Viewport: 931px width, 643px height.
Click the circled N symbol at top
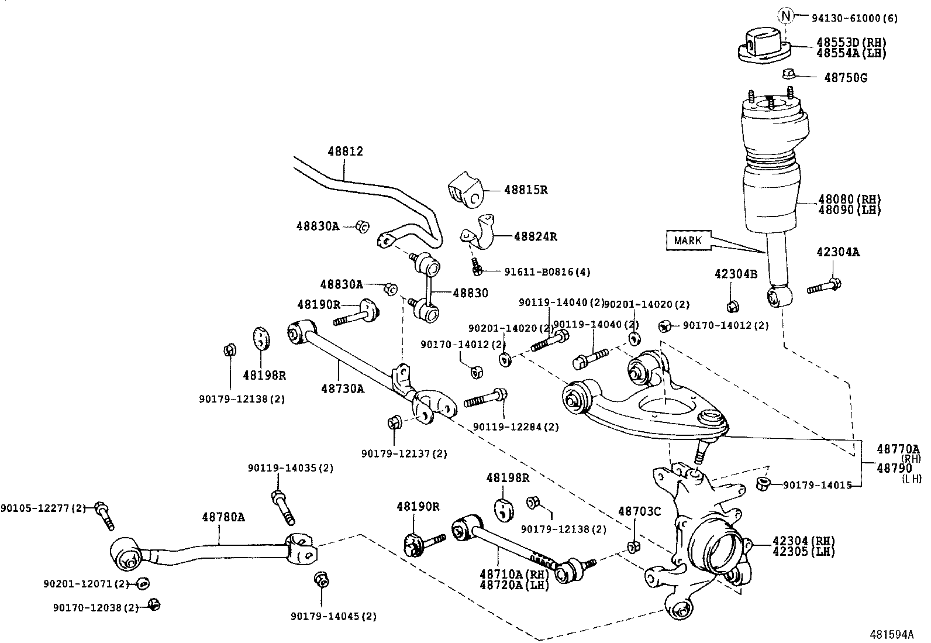tap(785, 16)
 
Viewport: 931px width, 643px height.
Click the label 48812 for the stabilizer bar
tap(345, 152)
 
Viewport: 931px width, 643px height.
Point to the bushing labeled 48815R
tap(466, 190)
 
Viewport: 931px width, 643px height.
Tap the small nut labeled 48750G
tap(788, 74)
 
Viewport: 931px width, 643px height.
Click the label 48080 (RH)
tap(849, 200)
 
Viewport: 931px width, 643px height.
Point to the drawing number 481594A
tap(891, 634)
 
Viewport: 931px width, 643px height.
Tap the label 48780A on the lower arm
tap(223, 517)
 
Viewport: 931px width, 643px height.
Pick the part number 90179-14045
tap(333, 616)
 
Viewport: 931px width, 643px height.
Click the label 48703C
tap(639, 511)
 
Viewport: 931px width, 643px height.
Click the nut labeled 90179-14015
tap(762, 483)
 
